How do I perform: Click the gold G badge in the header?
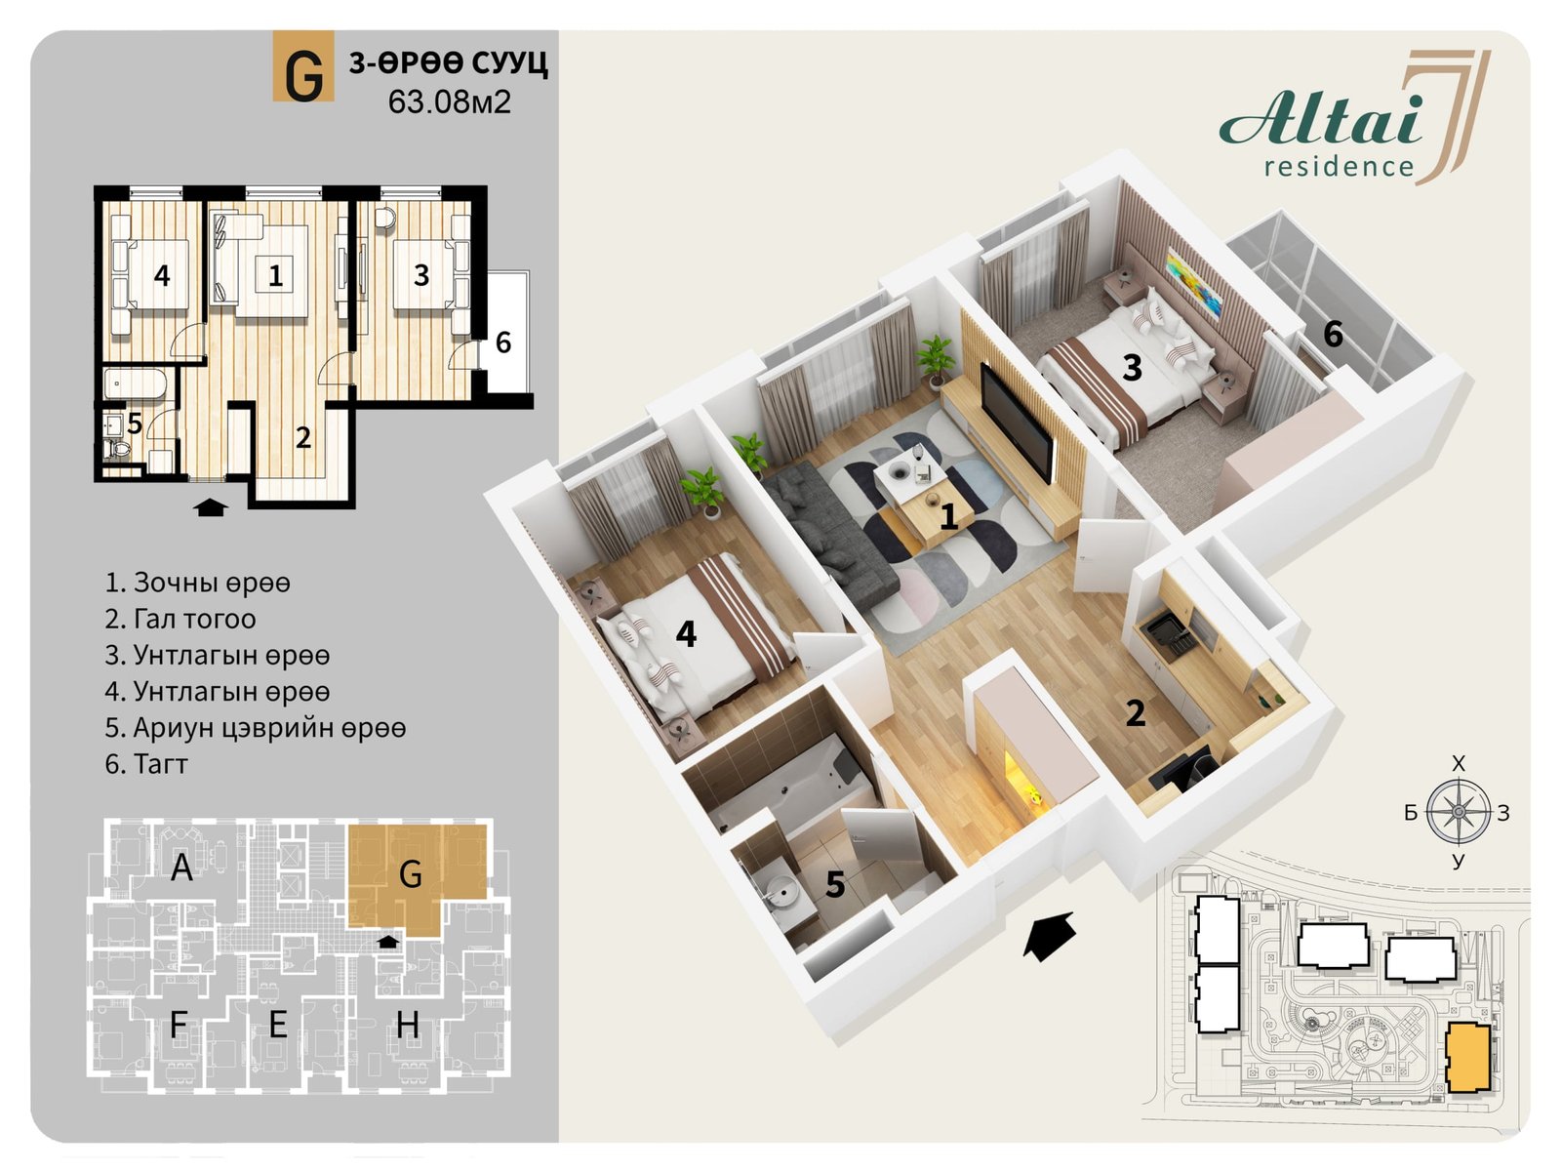pos(303,66)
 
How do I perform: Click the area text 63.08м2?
pos(450,102)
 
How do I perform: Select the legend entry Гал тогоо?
pos(180,620)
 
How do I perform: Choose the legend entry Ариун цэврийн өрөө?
pos(256,728)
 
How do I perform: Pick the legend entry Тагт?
pos(146,764)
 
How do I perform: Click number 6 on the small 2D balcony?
pos(503,343)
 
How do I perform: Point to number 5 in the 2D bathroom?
pos(135,424)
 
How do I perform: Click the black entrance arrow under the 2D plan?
pos(211,506)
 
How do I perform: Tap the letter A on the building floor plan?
pos(181,868)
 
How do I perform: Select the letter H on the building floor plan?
pos(408,1025)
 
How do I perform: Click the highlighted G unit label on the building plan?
pos(411,874)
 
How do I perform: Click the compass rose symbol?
pos(1458,812)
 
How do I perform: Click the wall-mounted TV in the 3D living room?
pos(1017,421)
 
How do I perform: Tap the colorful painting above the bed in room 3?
pos(1194,282)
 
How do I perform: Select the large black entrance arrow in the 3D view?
pos(1048,935)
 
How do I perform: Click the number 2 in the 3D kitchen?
pos(1136,713)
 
